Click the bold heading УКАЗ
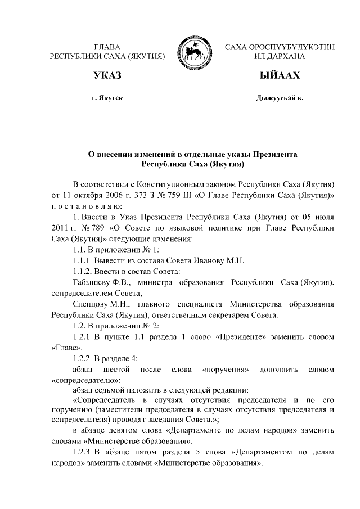[107, 75]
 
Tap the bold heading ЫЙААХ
[280, 75]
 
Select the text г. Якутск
[107, 98]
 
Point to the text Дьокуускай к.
[280, 98]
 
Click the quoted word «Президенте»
[239, 336]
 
